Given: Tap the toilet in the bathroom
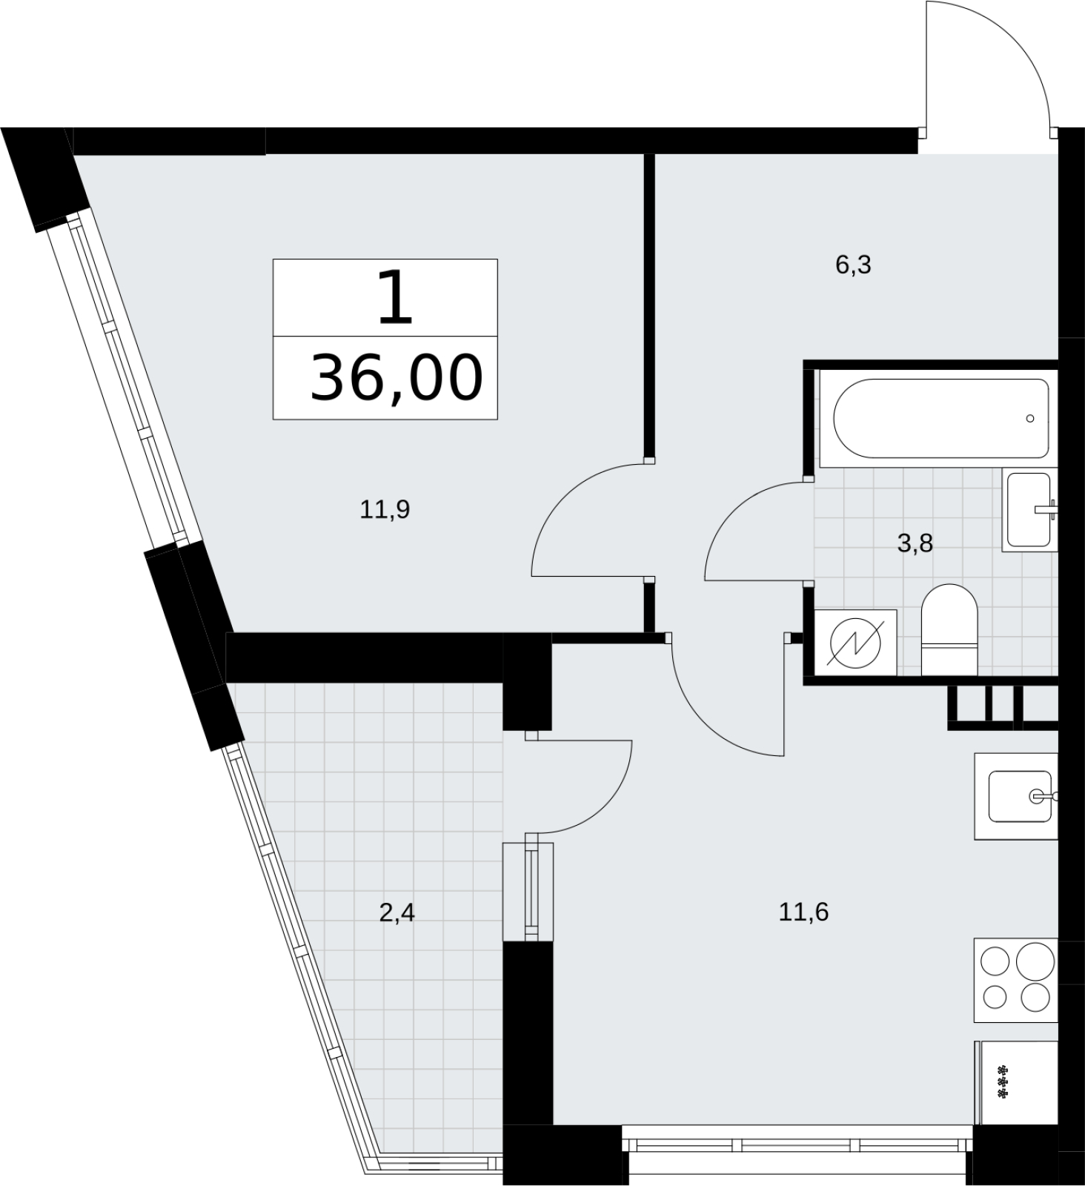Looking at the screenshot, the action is click(x=949, y=629).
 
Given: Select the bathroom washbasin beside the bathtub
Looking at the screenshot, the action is click(x=1030, y=509).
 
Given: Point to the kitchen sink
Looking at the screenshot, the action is click(x=1016, y=796).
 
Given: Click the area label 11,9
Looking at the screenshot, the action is click(x=385, y=510).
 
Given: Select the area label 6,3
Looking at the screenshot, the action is click(x=853, y=265).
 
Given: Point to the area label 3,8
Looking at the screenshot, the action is click(x=915, y=544).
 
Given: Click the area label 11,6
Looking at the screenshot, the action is click(x=803, y=912).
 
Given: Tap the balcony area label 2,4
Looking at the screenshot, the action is click(x=396, y=912).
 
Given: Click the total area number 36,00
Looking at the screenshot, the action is click(x=396, y=378).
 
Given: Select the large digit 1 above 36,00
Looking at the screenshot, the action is click(x=394, y=296).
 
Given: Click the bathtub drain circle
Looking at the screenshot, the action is click(x=1030, y=419).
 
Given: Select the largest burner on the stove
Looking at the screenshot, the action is click(x=1035, y=963).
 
